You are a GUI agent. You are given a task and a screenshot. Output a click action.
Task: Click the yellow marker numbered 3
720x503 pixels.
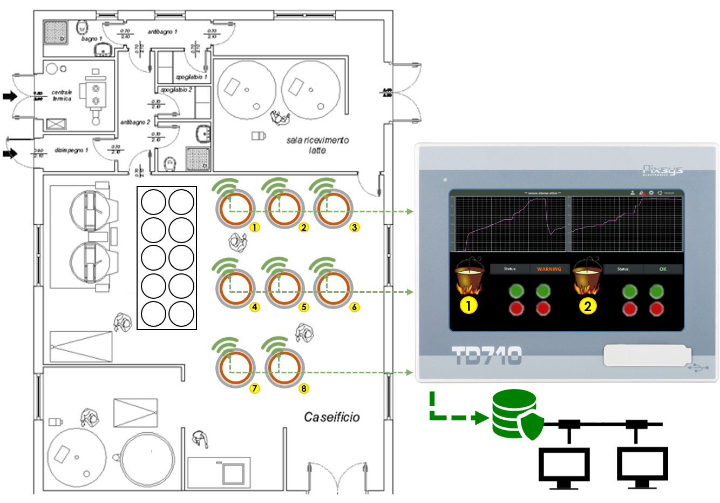(x=354, y=227)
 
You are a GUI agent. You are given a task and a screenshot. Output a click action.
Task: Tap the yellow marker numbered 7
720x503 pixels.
(x=255, y=388)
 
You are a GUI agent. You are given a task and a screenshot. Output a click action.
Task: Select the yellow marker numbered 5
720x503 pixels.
(x=304, y=307)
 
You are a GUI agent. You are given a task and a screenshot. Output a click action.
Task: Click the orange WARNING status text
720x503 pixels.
(x=549, y=269)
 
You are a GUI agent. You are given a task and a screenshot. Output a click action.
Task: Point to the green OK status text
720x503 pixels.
(x=663, y=269)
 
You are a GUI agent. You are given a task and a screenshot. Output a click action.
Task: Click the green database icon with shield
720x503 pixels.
(x=516, y=414)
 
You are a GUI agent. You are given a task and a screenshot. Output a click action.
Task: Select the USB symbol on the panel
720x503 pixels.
(x=698, y=368)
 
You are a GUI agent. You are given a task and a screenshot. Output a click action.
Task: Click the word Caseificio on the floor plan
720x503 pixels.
(x=331, y=417)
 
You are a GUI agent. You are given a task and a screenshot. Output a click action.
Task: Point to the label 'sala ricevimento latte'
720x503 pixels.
(x=317, y=145)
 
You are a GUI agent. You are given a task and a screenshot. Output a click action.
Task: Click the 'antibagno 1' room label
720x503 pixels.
(x=162, y=32)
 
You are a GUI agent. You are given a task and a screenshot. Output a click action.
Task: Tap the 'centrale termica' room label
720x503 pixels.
(x=62, y=96)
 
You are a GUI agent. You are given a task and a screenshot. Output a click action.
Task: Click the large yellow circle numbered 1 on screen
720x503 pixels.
(x=468, y=306)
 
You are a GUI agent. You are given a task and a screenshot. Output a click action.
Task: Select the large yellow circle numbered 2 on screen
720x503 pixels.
(x=588, y=306)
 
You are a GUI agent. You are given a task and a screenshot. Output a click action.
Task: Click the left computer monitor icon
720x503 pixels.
(x=564, y=466)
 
